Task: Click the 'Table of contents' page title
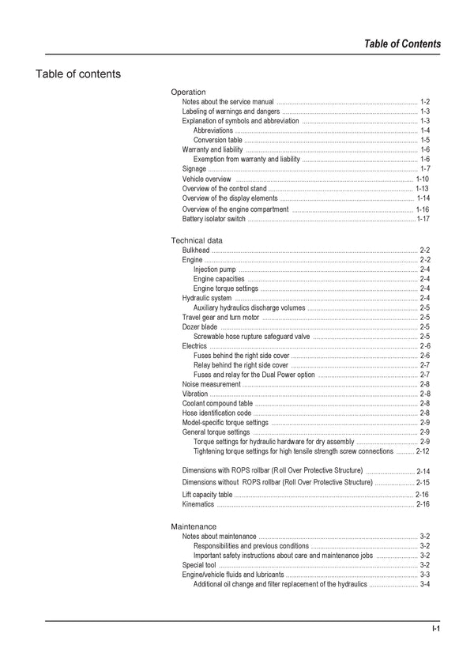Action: pyautogui.click(x=78, y=74)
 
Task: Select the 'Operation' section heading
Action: pyautogui.click(x=188, y=92)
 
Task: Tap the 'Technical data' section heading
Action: pyautogui.click(x=197, y=240)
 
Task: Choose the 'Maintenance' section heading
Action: pyautogui.click(x=194, y=526)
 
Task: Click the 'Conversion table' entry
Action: pyautogui.click(x=217, y=140)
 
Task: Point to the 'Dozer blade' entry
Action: pyautogui.click(x=200, y=326)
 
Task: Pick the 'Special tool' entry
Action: pyautogui.click(x=199, y=565)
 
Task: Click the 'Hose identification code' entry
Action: pyautogui.click(x=216, y=413)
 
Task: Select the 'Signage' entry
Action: pyautogui.click(x=194, y=169)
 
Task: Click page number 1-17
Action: pyautogui.click(x=423, y=219)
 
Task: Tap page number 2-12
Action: pyautogui.click(x=423, y=451)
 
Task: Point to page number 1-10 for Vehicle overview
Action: pyautogui.click(x=423, y=179)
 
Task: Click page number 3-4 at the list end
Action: pyautogui.click(x=425, y=584)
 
